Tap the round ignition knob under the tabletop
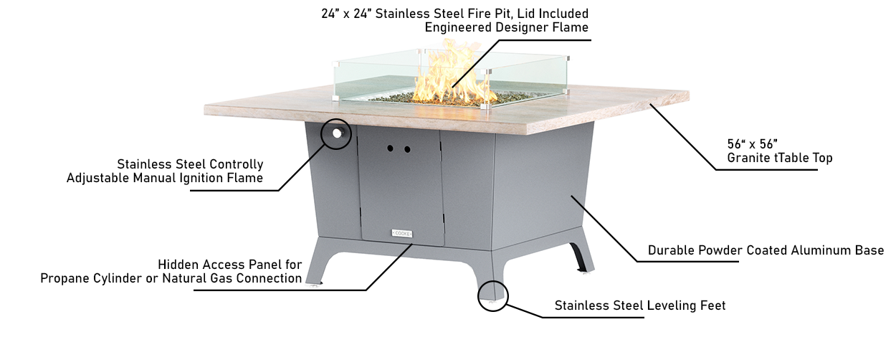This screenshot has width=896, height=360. click(x=337, y=133)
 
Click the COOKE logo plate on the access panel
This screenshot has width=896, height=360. click(x=402, y=232)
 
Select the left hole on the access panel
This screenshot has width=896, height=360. click(x=391, y=149)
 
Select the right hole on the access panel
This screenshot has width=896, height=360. click(x=407, y=150)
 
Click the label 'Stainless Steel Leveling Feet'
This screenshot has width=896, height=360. click(x=639, y=305)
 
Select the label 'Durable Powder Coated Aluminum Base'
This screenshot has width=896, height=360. click(x=766, y=250)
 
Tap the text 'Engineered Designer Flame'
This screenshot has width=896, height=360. click(x=506, y=27)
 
